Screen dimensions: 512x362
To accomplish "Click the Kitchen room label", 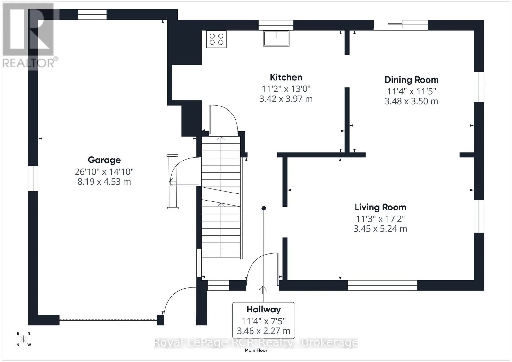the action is pos(286,77).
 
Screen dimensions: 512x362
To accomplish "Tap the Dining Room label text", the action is pos(412,80).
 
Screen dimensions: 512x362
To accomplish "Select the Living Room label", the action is pos(380,207).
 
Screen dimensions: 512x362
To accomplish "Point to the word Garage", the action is pos(104,160).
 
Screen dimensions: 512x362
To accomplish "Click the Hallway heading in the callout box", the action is pos(264,310).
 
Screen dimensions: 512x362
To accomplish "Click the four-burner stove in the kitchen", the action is pos(216,39).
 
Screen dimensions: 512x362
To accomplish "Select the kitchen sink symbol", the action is pos(276,38).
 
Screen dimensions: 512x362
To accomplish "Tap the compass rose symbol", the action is pos(23,339).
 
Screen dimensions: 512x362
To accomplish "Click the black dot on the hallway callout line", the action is pos(264,208).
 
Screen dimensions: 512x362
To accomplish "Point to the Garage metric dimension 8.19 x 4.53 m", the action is pos(104,182).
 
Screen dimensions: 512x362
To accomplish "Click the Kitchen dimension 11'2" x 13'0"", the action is pos(286,89).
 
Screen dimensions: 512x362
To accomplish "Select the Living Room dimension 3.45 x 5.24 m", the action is pos(380,229).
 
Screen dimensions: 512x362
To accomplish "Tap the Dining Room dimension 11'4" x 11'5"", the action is pos(412,91).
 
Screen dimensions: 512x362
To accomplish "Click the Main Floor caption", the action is pos(256,350).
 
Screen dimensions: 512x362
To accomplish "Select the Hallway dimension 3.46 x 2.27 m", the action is pos(264,331).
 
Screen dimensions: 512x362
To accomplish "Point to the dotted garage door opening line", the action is pos(108,320).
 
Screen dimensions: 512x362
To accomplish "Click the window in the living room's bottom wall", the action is pos(382,285).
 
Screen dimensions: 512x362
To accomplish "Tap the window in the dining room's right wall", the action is pos(479,87).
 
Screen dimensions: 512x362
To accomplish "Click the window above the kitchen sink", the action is pos(276,25).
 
